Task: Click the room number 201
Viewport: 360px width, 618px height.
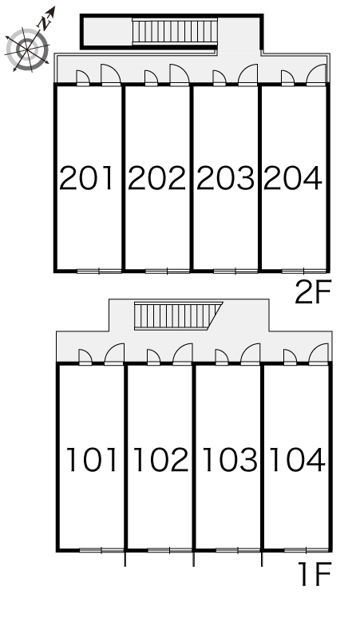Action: click(86, 178)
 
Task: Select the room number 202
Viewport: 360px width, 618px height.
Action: click(156, 178)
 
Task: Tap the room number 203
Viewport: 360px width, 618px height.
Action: click(225, 178)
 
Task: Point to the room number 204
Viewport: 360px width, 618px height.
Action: click(293, 178)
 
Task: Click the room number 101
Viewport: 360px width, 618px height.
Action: click(92, 460)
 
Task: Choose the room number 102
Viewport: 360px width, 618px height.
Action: click(161, 460)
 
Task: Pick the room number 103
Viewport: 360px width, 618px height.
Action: click(230, 460)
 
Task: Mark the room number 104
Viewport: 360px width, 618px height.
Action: click(297, 460)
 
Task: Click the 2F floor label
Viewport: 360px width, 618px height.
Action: click(313, 292)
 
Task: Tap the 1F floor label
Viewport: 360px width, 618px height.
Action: click(315, 574)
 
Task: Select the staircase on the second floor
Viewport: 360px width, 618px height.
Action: click(175, 31)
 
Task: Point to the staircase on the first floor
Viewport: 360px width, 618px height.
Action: click(178, 315)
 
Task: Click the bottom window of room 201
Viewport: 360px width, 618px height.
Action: click(99, 271)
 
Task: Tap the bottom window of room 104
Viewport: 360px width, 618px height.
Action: click(307, 550)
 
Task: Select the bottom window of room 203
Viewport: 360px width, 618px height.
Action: click(235, 271)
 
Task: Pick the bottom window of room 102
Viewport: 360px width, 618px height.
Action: click(170, 550)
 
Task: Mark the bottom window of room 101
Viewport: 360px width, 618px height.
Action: click(101, 550)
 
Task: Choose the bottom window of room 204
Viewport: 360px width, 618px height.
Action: click(304, 271)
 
